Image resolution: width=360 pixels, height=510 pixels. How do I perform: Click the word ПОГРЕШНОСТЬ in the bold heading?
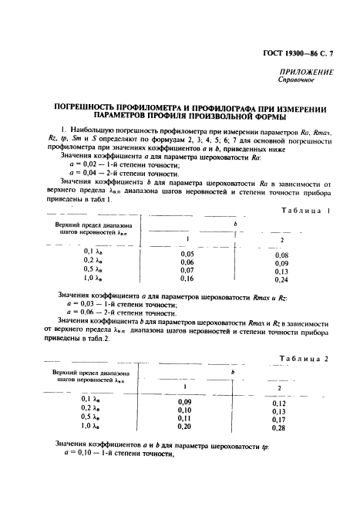(86, 110)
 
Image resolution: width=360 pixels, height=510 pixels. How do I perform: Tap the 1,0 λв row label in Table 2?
(93, 425)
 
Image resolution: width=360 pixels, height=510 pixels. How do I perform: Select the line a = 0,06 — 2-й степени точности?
(123, 313)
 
